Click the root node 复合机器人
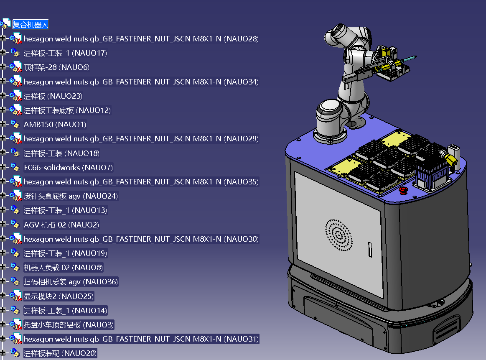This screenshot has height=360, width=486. [x=31, y=25]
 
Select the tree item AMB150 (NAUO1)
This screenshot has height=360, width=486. [x=55, y=124]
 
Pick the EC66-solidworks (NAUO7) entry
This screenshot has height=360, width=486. [x=68, y=167]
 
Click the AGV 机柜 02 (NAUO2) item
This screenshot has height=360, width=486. [x=61, y=225]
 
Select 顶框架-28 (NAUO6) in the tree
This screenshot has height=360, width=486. [x=56, y=67]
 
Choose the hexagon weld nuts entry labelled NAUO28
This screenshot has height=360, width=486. [x=141, y=39]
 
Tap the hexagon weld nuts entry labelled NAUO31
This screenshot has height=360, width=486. [x=141, y=339]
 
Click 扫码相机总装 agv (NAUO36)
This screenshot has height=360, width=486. [x=71, y=281]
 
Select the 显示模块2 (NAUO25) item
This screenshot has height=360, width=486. [x=59, y=296]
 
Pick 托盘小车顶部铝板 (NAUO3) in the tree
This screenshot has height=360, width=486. [x=69, y=324]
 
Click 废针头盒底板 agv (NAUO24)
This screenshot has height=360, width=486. [x=71, y=196]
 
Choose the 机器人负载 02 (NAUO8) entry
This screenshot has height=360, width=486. [x=63, y=267]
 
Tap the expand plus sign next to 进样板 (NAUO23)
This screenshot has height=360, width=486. [x=3, y=95]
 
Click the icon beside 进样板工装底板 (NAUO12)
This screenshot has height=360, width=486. [x=15, y=110]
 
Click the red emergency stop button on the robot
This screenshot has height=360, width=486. [x=403, y=191]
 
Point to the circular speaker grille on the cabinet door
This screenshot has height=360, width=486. [x=339, y=235]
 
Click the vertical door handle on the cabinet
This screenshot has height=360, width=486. [x=370, y=250]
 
